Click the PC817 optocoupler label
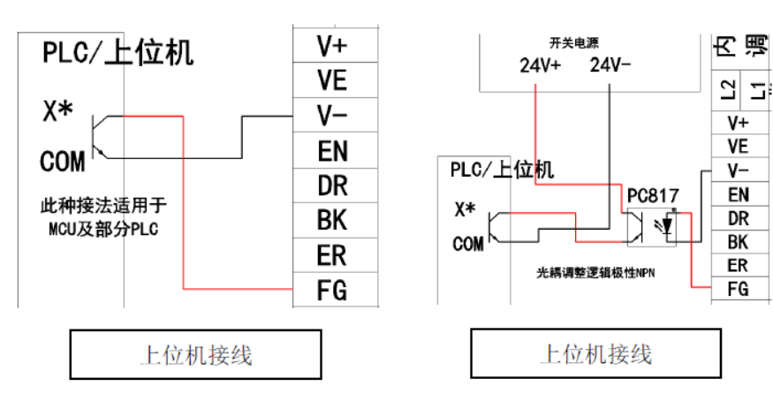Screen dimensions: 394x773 [x=654, y=194]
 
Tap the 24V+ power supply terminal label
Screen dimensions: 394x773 [x=541, y=65]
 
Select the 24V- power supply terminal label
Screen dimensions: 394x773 [x=610, y=65]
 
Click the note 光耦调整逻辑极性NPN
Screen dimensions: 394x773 [x=601, y=273]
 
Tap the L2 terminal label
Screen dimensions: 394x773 [x=726, y=89]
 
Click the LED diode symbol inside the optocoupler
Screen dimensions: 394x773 [x=668, y=227]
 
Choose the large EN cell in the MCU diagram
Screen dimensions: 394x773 [x=332, y=150]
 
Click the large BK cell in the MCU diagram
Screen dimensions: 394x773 [x=332, y=219]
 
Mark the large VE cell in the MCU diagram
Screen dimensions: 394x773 [x=332, y=80]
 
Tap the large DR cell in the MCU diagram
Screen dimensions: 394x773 [x=332, y=185]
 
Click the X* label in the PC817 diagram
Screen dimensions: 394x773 [x=465, y=209]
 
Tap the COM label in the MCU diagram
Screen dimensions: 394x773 [x=63, y=162]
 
